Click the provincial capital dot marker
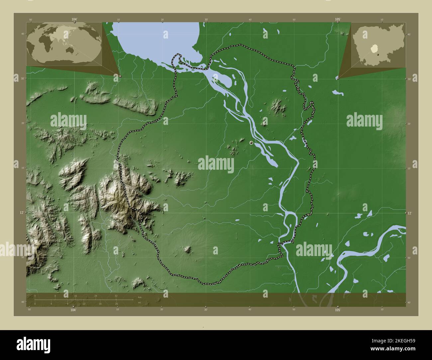(251, 142)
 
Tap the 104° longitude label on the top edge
(74, 20)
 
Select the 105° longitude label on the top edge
(338, 20)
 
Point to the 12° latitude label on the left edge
(22, 212)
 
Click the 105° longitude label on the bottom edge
(338, 310)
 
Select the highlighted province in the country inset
(375, 49)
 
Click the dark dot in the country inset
(378, 53)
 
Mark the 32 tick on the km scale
(116, 296)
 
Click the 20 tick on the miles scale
(116, 304)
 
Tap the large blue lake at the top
(156, 37)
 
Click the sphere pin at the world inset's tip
(120, 76)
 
